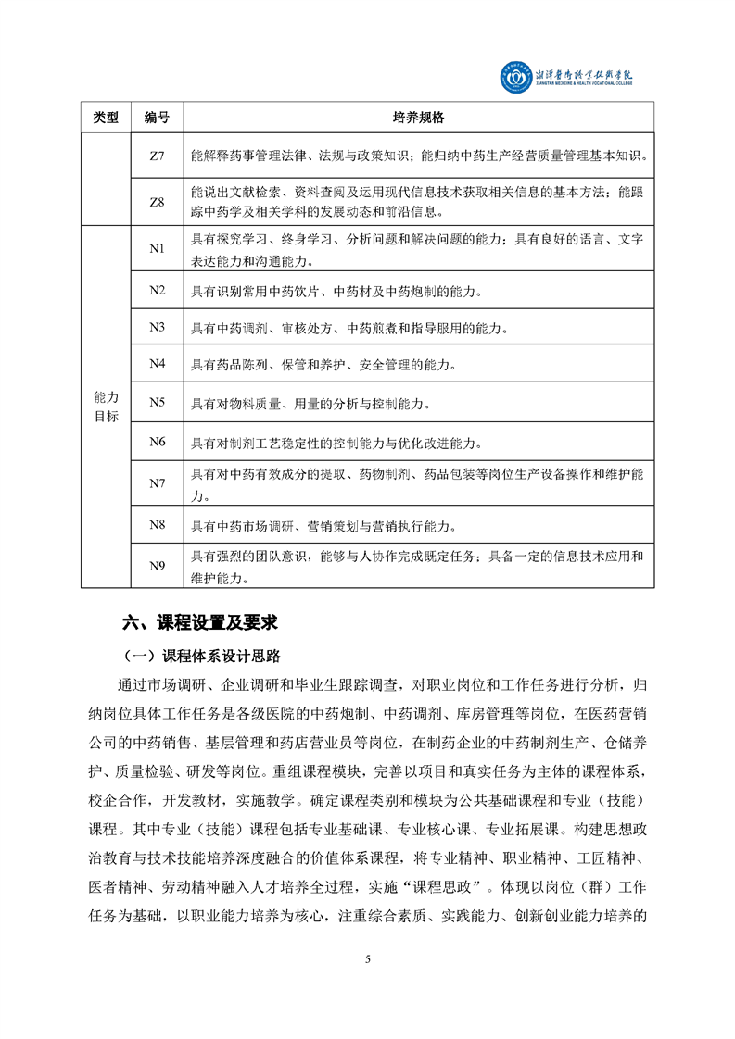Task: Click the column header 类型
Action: pos(107,118)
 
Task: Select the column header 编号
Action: pos(157,118)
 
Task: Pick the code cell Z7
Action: pos(157,156)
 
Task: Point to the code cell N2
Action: pos(157,291)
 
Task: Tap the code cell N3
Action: pos(157,328)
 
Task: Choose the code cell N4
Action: pos(157,364)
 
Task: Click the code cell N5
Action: pos(157,402)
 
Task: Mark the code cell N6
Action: pos(157,441)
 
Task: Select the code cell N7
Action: pos(157,483)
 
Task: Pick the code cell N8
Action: pos(157,525)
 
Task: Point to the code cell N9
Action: pos(157,566)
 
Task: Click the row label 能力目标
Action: pos(107,407)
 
